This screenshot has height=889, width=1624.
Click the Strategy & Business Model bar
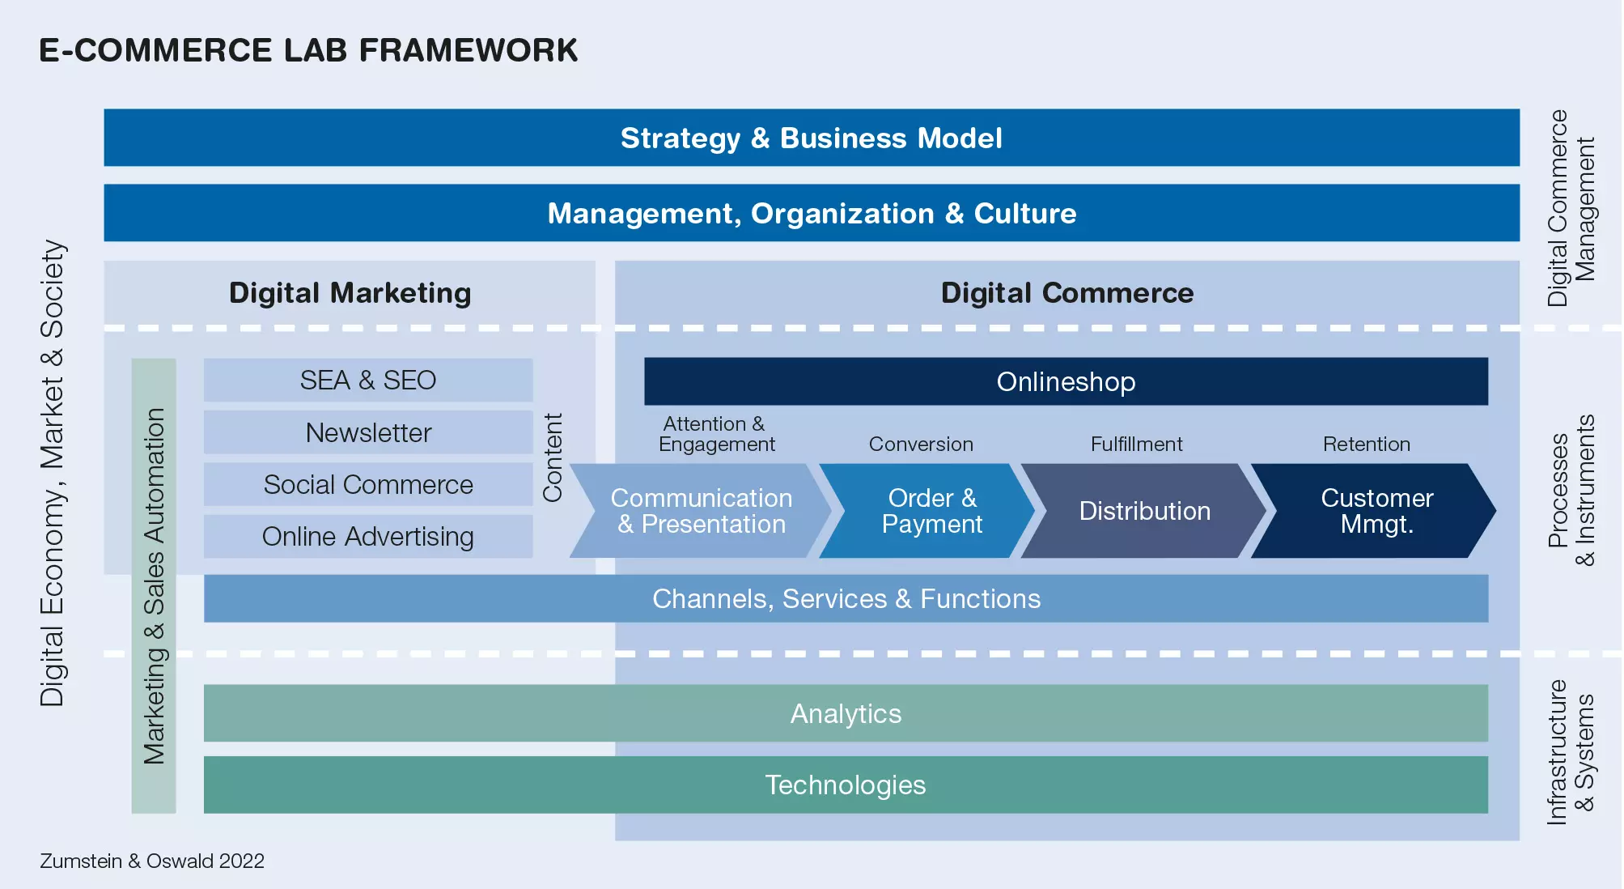[x=812, y=138]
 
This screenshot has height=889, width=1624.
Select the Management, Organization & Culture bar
[x=812, y=213]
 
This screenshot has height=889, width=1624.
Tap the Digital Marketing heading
[x=350, y=293]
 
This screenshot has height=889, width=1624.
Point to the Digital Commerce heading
[x=1067, y=293]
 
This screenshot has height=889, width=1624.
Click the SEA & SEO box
[x=368, y=380]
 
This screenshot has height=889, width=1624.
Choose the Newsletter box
[x=368, y=432]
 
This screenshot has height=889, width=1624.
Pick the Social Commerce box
[x=368, y=484]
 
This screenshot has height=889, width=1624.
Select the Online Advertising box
[x=368, y=536]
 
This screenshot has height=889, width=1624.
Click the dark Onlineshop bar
[x=1066, y=381]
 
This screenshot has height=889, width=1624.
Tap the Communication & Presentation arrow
[x=701, y=511]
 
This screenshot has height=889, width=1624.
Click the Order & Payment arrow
[x=928, y=511]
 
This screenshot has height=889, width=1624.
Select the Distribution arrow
[x=1143, y=511]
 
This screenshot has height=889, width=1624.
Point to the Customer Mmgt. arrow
[x=1374, y=511]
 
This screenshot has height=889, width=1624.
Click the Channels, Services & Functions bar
[x=846, y=598]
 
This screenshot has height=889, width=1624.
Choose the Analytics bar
[x=846, y=713]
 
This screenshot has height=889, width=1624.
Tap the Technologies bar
[x=846, y=785]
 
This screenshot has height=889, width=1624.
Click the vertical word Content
[x=553, y=457]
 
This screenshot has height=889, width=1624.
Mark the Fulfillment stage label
[x=1136, y=444]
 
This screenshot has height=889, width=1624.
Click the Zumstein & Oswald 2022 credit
[x=152, y=861]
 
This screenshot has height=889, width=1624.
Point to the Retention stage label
[x=1367, y=444]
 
